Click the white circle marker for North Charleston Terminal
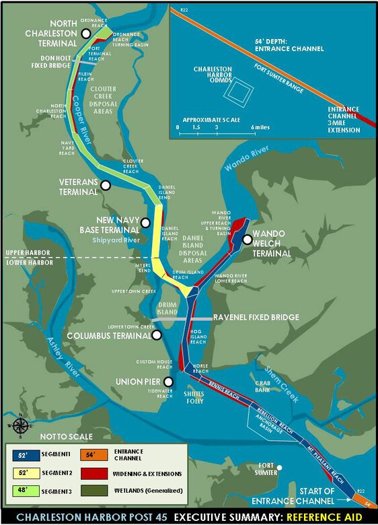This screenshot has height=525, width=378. click(85, 34)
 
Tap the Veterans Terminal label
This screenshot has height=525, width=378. click(69, 186)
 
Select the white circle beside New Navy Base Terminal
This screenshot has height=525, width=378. click(145, 223)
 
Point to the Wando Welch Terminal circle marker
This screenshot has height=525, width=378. click(248, 239)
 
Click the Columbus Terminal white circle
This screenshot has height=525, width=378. click(157, 335)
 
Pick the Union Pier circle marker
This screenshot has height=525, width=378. click(157, 381)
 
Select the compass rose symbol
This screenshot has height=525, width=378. click(20, 425)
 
